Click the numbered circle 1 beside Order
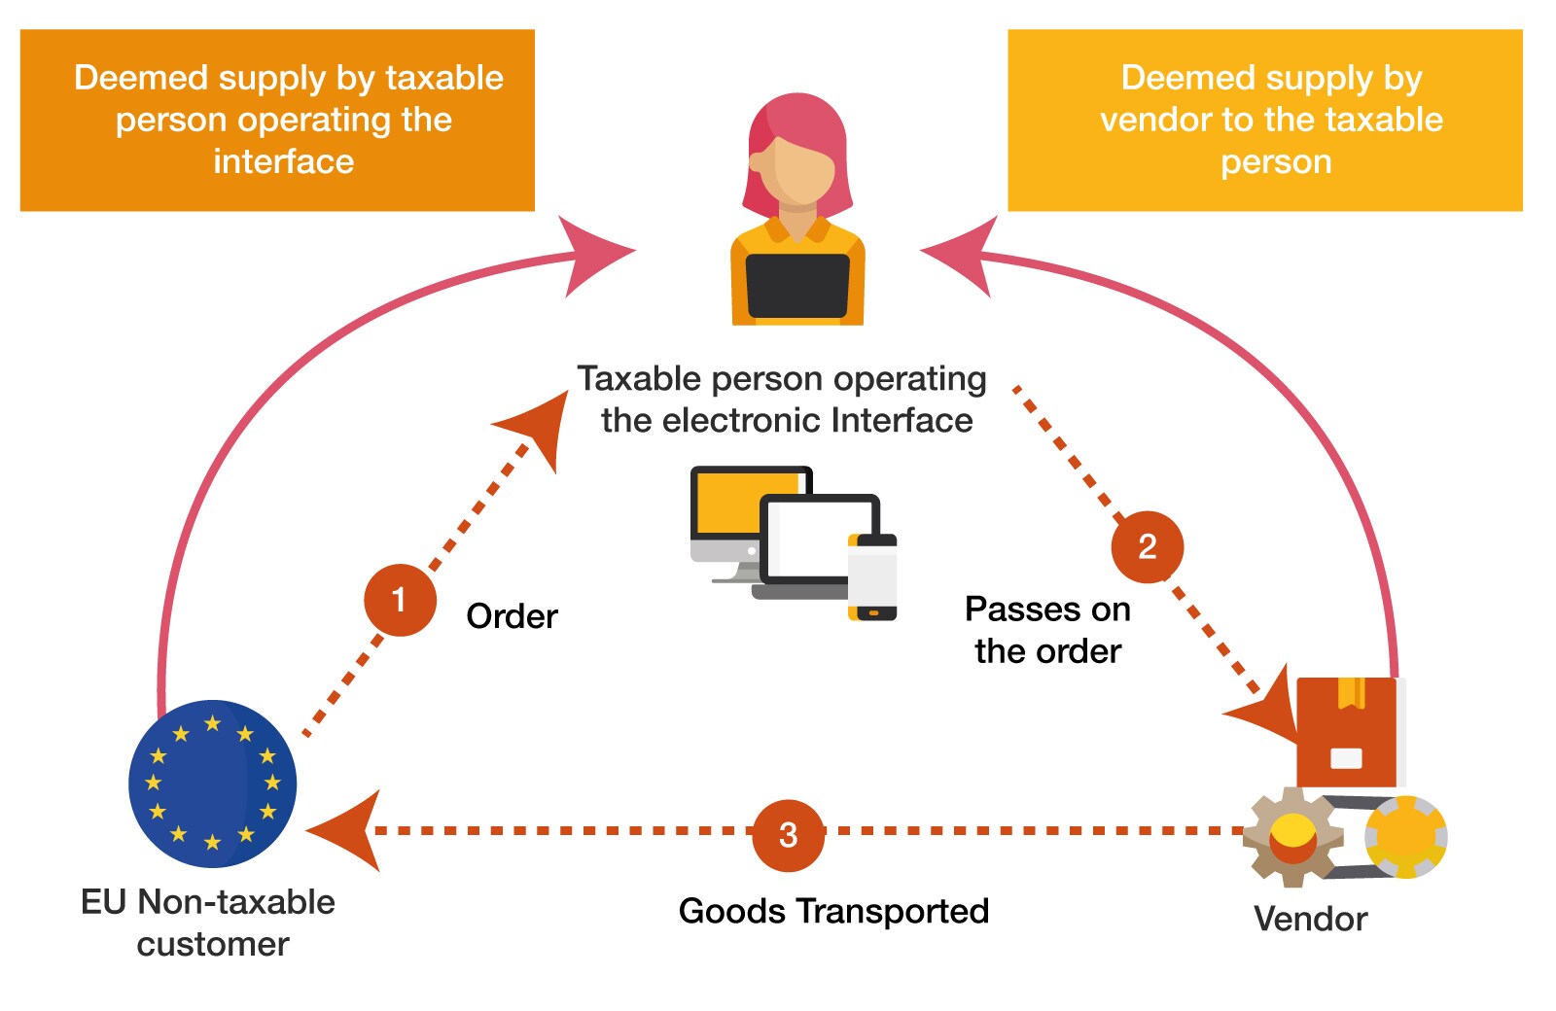click(400, 600)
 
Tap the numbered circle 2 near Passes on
click(1148, 546)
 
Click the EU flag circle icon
click(212, 784)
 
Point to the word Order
click(512, 616)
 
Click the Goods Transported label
click(833, 911)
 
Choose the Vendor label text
click(1310, 919)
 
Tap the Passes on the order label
click(1047, 630)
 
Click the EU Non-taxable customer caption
click(209, 923)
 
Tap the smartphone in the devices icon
click(872, 577)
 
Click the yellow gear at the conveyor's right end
click(1406, 836)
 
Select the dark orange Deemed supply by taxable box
click(277, 120)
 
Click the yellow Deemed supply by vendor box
click(1264, 120)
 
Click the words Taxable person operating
click(781, 379)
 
